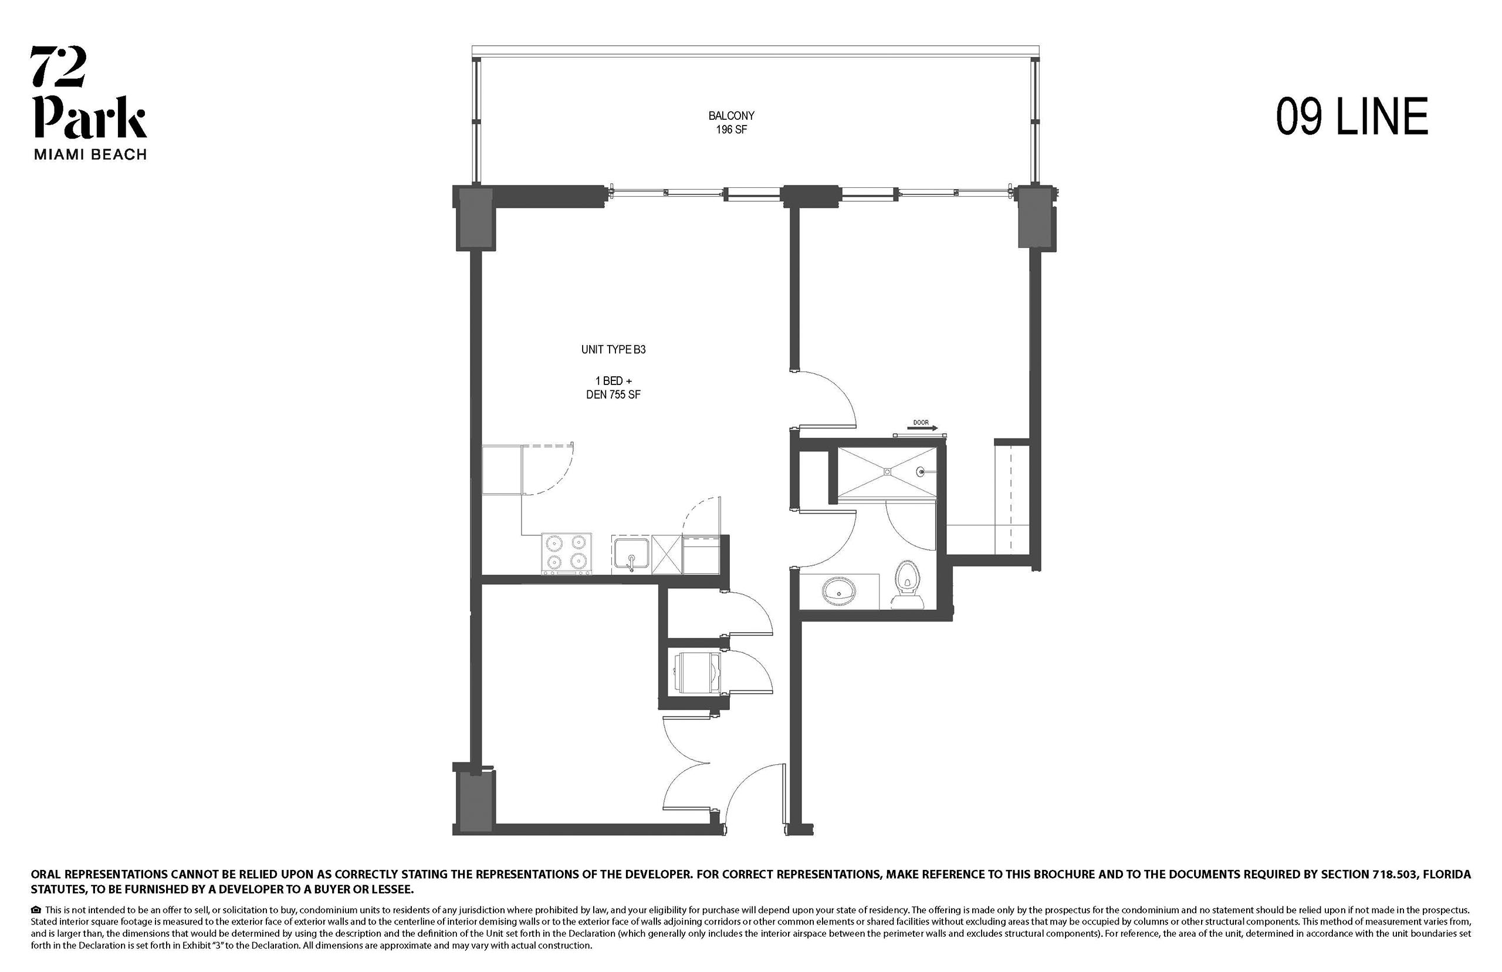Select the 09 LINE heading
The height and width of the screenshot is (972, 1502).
(1352, 117)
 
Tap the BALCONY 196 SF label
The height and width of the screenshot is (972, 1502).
(731, 123)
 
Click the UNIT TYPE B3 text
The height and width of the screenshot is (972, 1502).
(613, 349)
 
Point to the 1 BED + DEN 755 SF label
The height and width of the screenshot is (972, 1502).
(613, 387)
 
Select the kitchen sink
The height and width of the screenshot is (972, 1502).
(631, 555)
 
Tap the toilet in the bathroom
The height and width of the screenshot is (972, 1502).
(907, 584)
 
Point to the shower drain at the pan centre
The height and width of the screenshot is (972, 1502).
(887, 471)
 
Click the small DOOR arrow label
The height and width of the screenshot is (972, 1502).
(921, 426)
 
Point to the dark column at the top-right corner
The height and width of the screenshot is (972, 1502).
(1037, 217)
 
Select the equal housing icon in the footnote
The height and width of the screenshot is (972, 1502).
(36, 910)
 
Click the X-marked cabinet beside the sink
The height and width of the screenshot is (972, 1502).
(667, 554)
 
